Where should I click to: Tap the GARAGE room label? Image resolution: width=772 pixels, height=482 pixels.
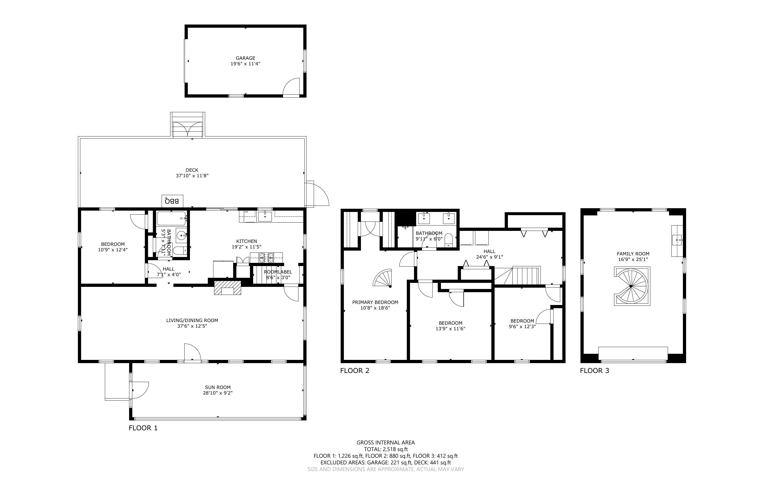click(x=245, y=58)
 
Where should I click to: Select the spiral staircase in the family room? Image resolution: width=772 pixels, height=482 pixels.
click(x=632, y=286)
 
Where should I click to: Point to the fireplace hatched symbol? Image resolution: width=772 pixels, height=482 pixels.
click(x=228, y=288)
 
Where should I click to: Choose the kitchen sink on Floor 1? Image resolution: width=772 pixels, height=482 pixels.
click(x=265, y=216)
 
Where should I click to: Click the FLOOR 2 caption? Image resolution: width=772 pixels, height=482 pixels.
click(x=355, y=371)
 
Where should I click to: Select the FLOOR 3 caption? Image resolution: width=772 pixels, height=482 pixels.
click(x=594, y=371)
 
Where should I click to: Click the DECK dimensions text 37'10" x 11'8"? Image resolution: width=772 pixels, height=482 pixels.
click(x=192, y=176)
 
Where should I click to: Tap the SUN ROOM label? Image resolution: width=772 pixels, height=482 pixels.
click(x=217, y=387)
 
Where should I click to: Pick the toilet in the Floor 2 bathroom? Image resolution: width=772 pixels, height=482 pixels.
click(x=448, y=241)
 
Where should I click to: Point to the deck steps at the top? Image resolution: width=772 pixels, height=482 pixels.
click(x=188, y=125)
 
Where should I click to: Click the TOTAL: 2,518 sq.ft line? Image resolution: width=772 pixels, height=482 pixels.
click(x=385, y=449)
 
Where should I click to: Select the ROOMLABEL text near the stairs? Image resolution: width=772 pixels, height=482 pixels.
click(x=278, y=272)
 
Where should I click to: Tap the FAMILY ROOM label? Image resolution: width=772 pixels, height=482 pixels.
click(x=633, y=254)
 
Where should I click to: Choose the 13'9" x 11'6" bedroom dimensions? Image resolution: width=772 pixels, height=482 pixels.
click(x=450, y=329)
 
